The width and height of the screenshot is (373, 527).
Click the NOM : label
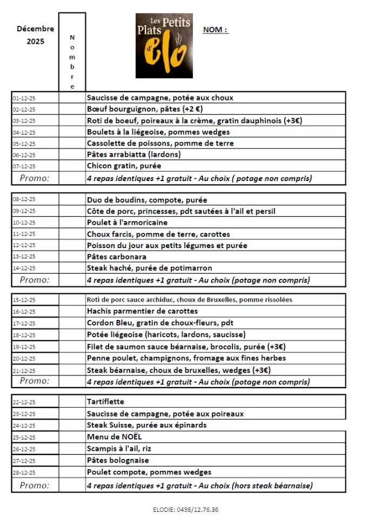click(216, 30)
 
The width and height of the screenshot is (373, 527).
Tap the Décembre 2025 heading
click(35, 35)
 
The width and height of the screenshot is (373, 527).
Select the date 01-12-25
click(28, 98)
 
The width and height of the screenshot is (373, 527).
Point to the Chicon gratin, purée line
click(124, 166)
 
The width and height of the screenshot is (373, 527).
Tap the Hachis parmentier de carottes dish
click(142, 311)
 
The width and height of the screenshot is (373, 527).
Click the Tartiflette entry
click(105, 402)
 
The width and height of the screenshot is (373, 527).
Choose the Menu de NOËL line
click(114, 436)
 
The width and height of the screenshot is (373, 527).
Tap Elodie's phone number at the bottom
click(185, 510)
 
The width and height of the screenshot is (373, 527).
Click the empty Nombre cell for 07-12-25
click(72, 166)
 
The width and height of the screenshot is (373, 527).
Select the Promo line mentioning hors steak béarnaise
click(199, 485)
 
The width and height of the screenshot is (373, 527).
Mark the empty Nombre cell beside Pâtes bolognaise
click(72, 461)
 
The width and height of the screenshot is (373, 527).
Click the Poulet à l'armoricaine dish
click(127, 222)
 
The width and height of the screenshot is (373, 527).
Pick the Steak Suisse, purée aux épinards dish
click(146, 425)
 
